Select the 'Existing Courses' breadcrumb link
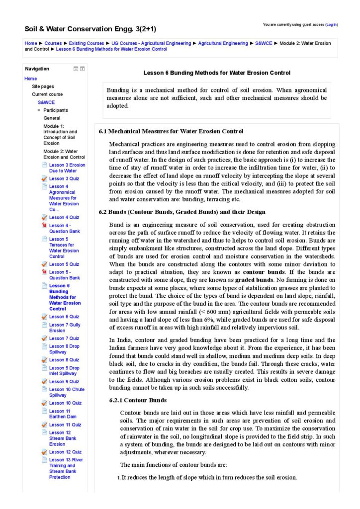point(87,43)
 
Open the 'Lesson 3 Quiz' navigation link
point(64,178)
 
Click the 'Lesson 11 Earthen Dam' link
point(60,414)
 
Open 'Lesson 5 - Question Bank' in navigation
point(64,275)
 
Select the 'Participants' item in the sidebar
point(56,110)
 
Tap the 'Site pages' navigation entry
point(43,86)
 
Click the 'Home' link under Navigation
point(30,79)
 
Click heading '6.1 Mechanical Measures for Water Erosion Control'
point(171,131)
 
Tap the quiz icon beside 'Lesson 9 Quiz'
point(44,382)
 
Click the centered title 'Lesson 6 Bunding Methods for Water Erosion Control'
point(217,73)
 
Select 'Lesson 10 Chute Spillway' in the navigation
point(67,392)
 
